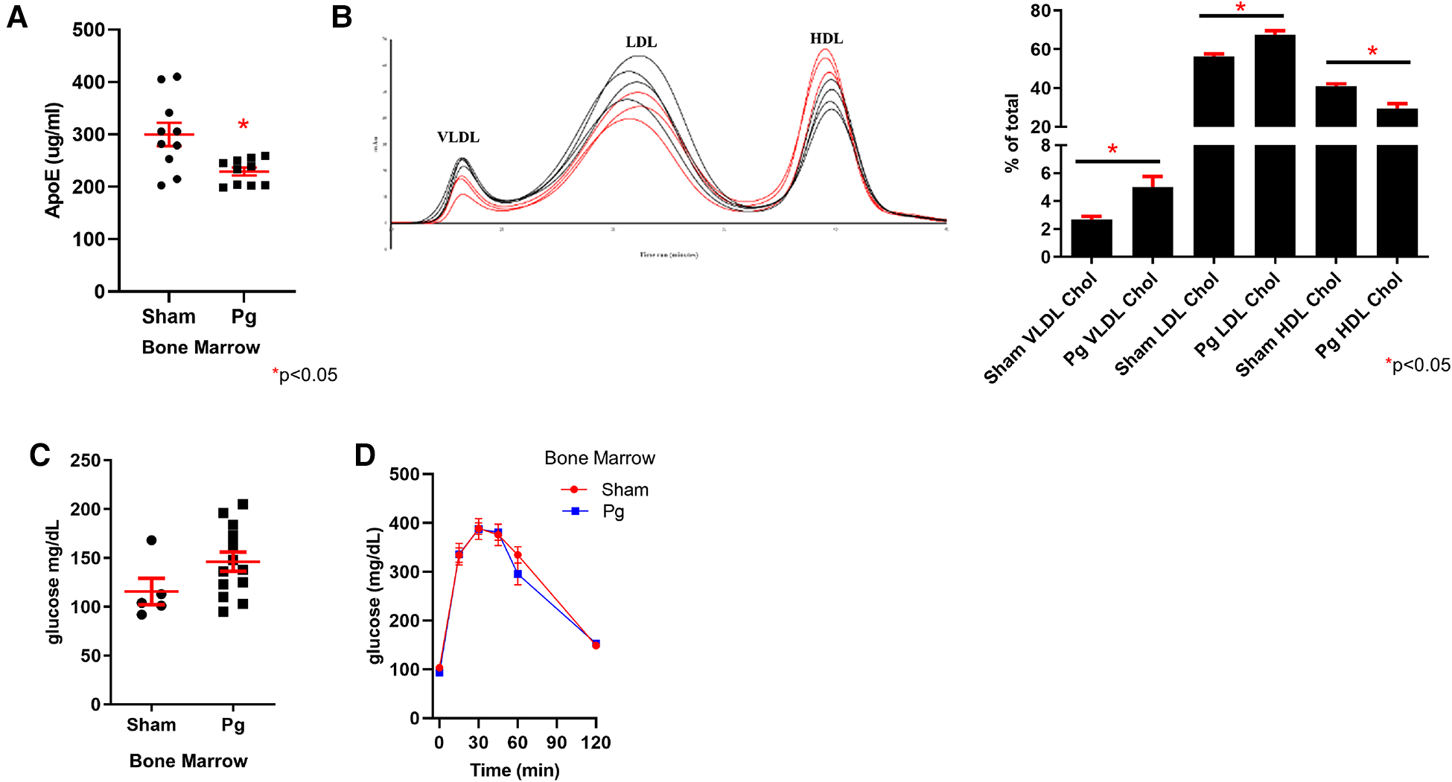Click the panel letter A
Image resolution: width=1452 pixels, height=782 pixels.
(x=16, y=16)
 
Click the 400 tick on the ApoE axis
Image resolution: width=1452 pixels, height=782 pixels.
(x=88, y=82)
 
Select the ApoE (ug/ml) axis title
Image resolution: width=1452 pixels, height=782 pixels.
(x=53, y=161)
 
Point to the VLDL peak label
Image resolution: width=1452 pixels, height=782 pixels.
(x=458, y=137)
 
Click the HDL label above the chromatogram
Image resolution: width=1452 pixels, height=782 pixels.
(x=827, y=39)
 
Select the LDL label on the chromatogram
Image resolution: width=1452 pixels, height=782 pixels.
(x=641, y=42)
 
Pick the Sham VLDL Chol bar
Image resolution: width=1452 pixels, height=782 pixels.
(x=1092, y=237)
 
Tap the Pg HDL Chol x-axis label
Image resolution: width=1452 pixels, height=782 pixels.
(x=1359, y=315)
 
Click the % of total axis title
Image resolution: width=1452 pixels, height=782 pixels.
(x=1011, y=134)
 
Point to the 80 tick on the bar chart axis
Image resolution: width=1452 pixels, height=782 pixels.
(x=1040, y=11)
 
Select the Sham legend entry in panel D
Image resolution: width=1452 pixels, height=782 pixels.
(x=624, y=490)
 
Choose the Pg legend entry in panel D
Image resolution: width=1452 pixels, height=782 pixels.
(x=613, y=511)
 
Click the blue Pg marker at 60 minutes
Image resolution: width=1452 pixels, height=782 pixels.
(x=518, y=574)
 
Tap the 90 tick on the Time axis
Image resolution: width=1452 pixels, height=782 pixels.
(x=556, y=743)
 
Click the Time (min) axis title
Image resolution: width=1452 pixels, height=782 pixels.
(x=515, y=770)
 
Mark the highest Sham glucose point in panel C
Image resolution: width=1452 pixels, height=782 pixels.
(x=151, y=540)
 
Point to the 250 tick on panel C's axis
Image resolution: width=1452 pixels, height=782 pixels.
(x=85, y=461)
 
